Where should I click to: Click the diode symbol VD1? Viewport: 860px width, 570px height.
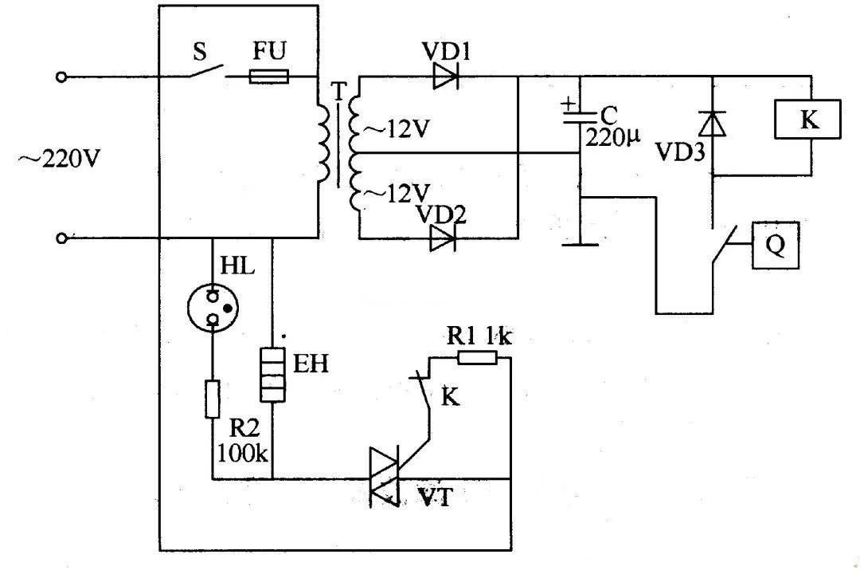pos(446,77)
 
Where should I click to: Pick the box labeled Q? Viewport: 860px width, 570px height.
pos(775,246)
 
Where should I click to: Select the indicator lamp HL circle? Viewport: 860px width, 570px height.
pos(213,308)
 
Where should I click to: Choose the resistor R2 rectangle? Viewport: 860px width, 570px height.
pos(213,399)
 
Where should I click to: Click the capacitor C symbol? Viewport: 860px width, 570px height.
pos(580,120)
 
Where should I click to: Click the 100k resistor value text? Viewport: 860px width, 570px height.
pos(244,455)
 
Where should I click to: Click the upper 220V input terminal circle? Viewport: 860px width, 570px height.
pos(63,77)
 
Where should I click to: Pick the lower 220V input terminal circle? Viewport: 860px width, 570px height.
pos(63,238)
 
